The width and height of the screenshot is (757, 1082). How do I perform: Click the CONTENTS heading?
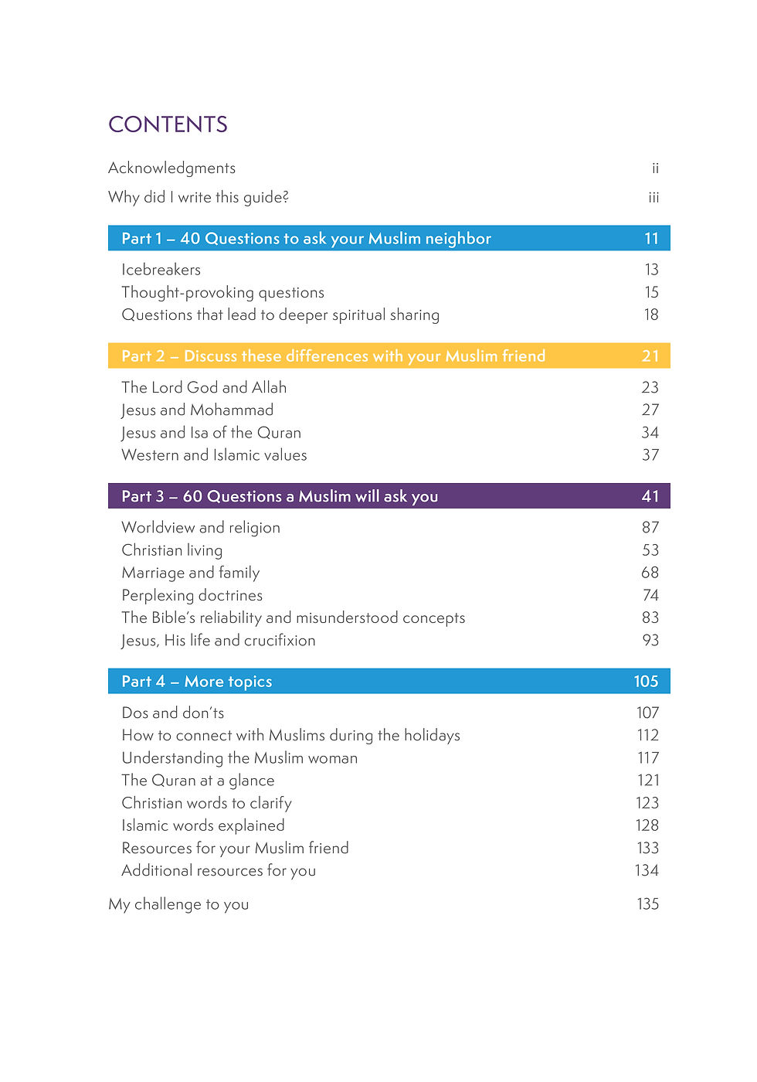[168, 124]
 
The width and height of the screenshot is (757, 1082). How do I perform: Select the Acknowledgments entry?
[171, 168]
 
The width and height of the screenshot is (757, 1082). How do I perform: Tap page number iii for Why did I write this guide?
[653, 198]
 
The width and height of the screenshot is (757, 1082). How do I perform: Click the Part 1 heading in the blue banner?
[306, 239]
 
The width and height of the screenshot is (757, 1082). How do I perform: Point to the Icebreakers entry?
[161, 270]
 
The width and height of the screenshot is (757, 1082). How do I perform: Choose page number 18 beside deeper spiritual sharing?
[651, 315]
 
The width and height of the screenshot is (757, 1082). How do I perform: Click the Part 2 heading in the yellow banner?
[333, 356]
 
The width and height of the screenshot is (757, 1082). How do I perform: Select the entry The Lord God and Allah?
[204, 387]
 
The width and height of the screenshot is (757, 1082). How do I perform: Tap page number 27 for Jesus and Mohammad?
[650, 410]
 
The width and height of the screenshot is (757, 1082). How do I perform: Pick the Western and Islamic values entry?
[214, 455]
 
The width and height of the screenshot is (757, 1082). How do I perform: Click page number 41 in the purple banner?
[650, 496]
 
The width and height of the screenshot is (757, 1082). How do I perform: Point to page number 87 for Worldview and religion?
[650, 528]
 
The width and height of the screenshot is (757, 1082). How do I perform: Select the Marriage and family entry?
[190, 573]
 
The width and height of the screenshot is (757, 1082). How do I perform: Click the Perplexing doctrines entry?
[192, 595]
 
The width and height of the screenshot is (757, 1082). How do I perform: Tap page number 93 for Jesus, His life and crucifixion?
[650, 641]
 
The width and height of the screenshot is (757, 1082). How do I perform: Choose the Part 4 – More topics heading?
[196, 682]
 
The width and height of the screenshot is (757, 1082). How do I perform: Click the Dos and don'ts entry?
[172, 713]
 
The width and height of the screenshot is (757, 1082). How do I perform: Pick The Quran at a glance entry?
[198, 781]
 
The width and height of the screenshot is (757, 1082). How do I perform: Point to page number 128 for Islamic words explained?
[647, 825]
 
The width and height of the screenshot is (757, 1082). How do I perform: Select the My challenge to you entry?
[178, 904]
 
